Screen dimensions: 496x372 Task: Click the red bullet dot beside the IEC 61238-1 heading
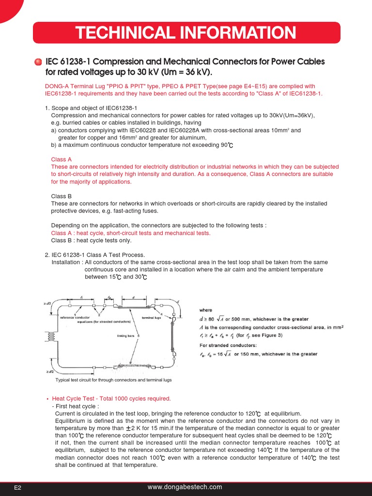38,62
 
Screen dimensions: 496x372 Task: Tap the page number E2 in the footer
17,488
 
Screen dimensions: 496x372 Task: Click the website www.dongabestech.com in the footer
185,487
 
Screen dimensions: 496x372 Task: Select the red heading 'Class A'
62,159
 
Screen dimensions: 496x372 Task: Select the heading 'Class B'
62,196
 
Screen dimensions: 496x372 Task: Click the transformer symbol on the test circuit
49,335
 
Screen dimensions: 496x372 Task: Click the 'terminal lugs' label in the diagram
151,318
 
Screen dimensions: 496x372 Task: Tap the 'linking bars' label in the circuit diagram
126,335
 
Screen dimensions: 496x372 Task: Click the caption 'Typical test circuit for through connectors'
114,380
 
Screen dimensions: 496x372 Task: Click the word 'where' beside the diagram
206,310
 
